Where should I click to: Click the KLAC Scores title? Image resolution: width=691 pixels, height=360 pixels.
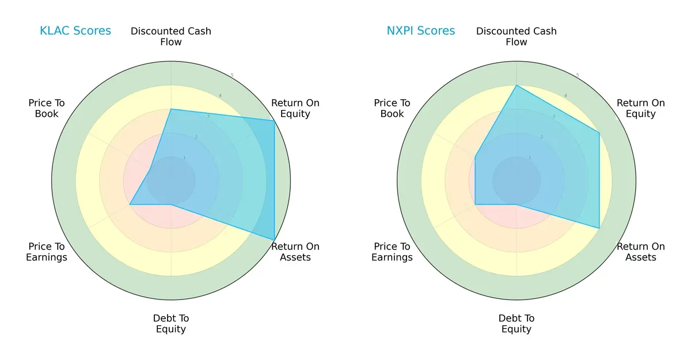pos(75,31)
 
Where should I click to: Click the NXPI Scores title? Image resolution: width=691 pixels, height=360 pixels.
pos(420,31)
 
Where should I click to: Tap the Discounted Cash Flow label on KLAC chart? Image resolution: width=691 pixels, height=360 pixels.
pos(171,36)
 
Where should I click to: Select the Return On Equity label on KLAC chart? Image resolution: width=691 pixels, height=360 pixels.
pos(295,108)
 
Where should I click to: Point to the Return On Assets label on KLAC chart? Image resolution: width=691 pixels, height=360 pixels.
pos(295,252)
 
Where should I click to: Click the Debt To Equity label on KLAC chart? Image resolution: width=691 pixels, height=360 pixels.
pos(171,324)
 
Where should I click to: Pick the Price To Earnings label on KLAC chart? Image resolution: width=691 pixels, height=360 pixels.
pos(47,252)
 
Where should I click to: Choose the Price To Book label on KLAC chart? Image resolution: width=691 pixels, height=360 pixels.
pos(47,108)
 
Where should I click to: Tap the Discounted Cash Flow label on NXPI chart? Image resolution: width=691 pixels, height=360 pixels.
pos(516,36)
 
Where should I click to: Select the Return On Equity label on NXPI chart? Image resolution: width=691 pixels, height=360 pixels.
pos(640,108)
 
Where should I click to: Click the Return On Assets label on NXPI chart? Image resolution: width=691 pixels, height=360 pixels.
pos(640,252)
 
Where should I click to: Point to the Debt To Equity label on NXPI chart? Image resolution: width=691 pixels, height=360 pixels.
pos(516,324)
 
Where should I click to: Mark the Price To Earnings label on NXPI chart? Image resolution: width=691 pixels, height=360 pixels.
pos(392,252)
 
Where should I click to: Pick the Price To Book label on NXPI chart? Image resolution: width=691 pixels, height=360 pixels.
pos(392,108)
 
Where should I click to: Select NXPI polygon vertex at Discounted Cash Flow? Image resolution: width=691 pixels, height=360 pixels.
pos(517,85)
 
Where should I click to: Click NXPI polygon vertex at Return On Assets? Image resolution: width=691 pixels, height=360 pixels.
pos(599,228)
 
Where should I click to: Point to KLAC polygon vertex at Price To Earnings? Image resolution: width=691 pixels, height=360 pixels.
pos(130,204)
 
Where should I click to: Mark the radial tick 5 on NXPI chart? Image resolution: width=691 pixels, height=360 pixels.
pos(578,75)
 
